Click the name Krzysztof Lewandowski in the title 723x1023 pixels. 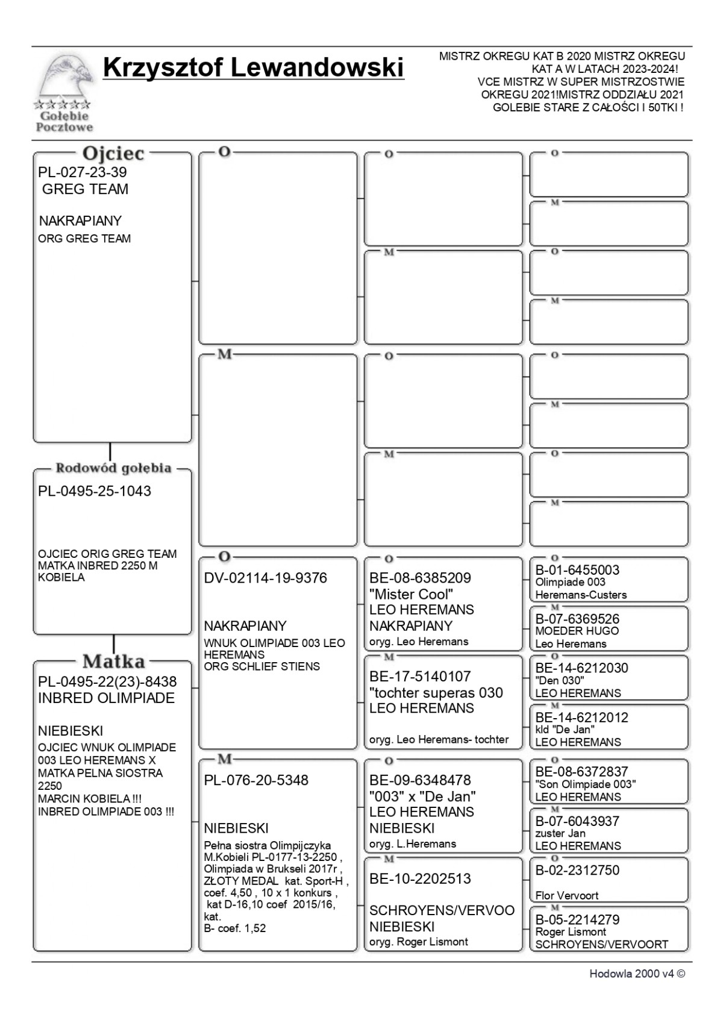[x=253, y=67]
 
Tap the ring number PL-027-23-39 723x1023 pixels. [x=83, y=172]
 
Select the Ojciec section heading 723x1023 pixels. [x=113, y=153]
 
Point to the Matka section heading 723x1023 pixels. [x=113, y=661]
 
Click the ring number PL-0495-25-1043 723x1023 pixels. [x=95, y=491]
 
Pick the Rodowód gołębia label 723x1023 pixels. [x=113, y=468]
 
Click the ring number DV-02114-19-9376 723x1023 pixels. [x=265, y=578]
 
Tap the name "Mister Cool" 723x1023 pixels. [x=411, y=594]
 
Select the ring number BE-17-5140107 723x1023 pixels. [x=420, y=677]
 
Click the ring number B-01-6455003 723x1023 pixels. [x=577, y=570]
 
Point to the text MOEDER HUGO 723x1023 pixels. [x=577, y=631]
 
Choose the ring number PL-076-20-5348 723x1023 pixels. [x=256, y=780]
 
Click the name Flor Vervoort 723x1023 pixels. [x=567, y=895]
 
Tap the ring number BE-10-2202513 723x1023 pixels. [x=420, y=879]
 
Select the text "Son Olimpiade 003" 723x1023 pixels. [x=585, y=784]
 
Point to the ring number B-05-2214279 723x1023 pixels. [x=577, y=919]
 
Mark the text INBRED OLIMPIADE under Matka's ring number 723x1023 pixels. [x=106, y=698]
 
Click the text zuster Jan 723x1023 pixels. [x=560, y=833]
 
